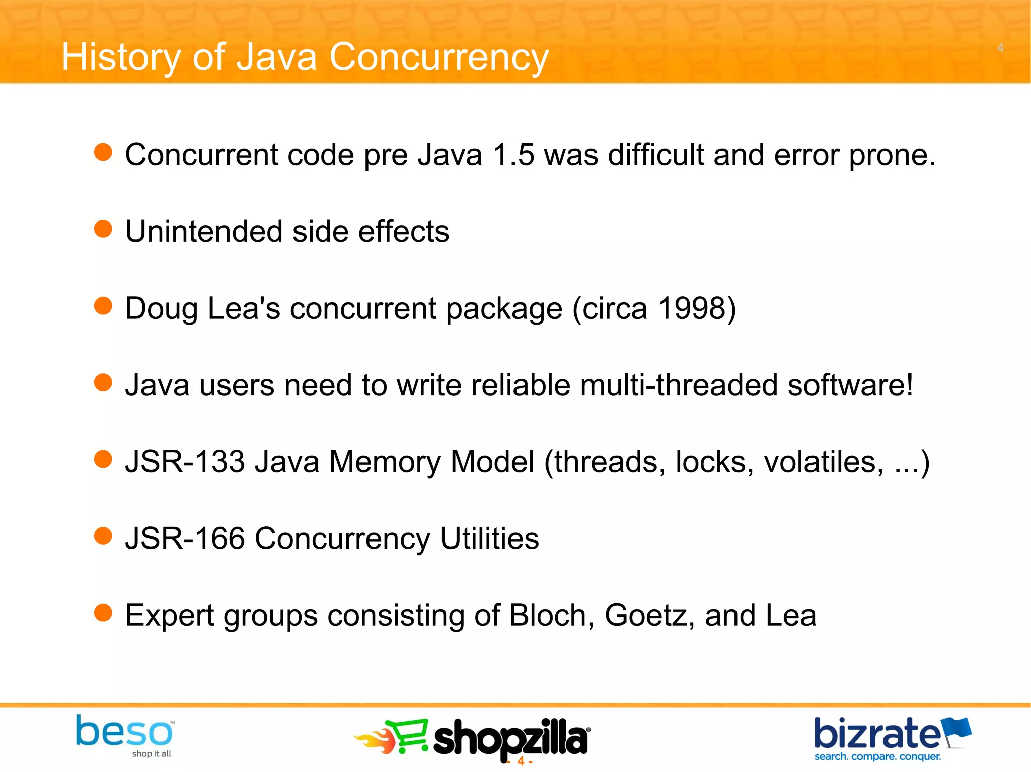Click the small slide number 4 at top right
point(1000,48)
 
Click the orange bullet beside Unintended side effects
point(103,229)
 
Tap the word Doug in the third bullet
point(161,309)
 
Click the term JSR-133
point(185,462)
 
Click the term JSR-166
point(185,539)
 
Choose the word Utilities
point(489,539)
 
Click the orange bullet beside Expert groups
point(103,613)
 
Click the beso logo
point(124,735)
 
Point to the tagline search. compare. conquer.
point(877,757)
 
